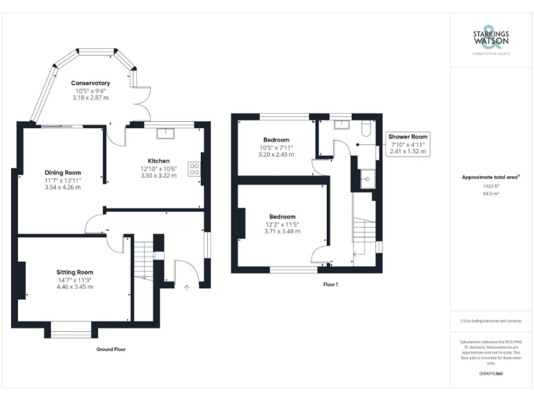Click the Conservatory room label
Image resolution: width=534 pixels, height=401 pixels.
pos(90,84)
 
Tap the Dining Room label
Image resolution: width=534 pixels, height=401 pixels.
pos(63,173)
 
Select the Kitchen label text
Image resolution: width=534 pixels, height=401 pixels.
pos(159,160)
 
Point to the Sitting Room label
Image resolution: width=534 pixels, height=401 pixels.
pos(75,272)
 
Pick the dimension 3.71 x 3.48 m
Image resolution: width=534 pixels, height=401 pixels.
pos(282,231)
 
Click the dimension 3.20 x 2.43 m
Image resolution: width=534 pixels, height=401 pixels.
pos(277,155)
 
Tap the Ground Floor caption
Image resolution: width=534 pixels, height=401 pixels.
pos(111,349)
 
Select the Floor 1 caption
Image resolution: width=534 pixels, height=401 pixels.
pos(331,284)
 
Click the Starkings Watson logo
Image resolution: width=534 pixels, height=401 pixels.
pos(492,41)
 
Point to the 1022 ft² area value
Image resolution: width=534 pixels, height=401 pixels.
pos(491,187)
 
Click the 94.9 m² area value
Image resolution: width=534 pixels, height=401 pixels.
pos(491,194)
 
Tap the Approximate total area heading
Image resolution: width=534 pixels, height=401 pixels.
pos(491,178)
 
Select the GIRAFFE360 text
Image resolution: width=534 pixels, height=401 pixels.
pos(491,374)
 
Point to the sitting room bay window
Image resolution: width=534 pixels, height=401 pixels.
pos(71,331)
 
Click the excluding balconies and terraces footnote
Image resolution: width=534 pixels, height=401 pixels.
pos(491,321)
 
